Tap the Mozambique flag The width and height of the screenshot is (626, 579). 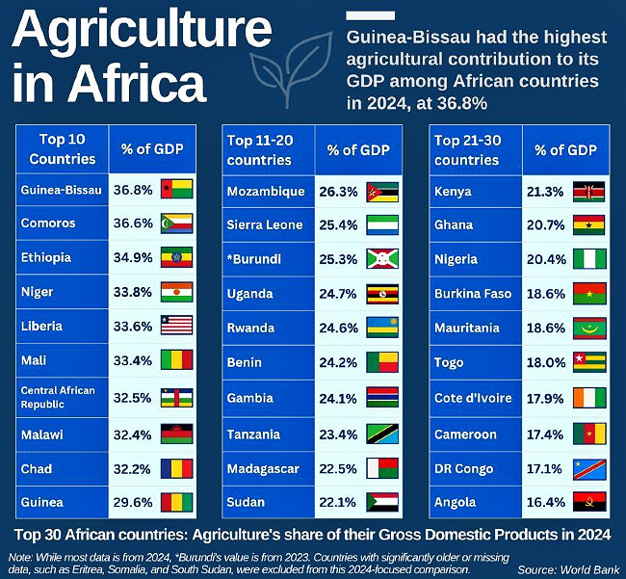pos(383,191)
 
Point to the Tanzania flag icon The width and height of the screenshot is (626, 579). pos(383,434)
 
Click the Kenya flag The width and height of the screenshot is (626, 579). pos(589,191)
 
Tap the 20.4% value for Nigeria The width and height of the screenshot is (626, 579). pos(546,258)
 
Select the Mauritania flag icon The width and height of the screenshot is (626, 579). pos(589,328)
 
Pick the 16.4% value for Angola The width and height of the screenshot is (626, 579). pos(546,502)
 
